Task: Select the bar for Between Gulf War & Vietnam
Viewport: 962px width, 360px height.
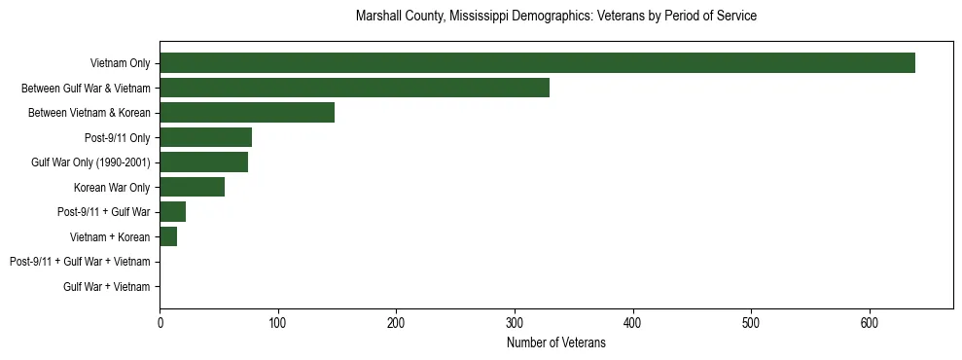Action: point(354,88)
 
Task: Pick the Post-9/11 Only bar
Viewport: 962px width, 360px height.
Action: point(205,137)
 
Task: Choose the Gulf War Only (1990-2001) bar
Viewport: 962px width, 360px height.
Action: point(203,162)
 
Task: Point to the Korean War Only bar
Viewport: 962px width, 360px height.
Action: point(192,187)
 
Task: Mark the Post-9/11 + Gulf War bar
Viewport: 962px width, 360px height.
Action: point(172,212)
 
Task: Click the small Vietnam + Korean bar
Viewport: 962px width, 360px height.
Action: point(168,236)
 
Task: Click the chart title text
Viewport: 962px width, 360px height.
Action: point(556,17)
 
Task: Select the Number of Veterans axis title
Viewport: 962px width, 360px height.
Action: point(556,342)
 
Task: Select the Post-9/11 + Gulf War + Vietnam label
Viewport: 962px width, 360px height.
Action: point(80,262)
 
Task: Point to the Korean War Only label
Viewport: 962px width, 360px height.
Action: point(112,187)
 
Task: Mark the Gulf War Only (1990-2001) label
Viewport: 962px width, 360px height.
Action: point(90,162)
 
